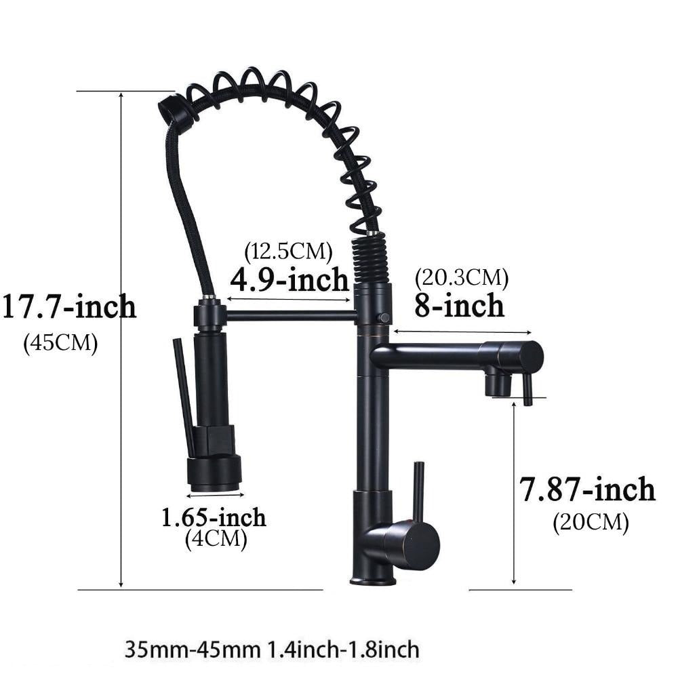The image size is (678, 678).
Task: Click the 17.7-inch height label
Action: coord(69,306)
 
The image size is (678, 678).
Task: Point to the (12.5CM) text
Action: coord(288,251)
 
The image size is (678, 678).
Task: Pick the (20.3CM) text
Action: coord(461,277)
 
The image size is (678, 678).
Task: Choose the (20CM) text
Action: coord(591,522)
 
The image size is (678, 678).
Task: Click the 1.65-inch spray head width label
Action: coord(214,517)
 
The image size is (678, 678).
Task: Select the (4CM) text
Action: coord(216,539)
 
